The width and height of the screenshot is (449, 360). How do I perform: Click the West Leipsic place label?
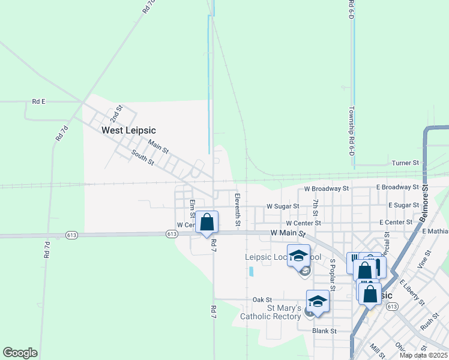pos(128,130)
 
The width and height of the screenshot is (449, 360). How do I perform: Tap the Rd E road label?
pos(39,102)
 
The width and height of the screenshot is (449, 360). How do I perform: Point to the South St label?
pos(143,157)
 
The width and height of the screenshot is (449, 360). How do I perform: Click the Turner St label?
pos(405,163)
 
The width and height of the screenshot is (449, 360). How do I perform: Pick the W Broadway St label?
pos(326,188)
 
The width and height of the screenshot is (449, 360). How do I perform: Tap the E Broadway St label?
pos(397,187)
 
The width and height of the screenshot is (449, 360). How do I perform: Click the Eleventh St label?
pos(238,210)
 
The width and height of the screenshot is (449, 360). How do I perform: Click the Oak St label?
pos(262,299)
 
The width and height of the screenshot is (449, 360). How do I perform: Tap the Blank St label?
pos(324,331)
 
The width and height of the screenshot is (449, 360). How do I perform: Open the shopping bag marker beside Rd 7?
pos(207,222)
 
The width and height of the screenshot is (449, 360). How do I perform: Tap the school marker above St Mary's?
pos(318,301)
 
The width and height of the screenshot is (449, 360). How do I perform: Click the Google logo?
pos(20,353)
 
